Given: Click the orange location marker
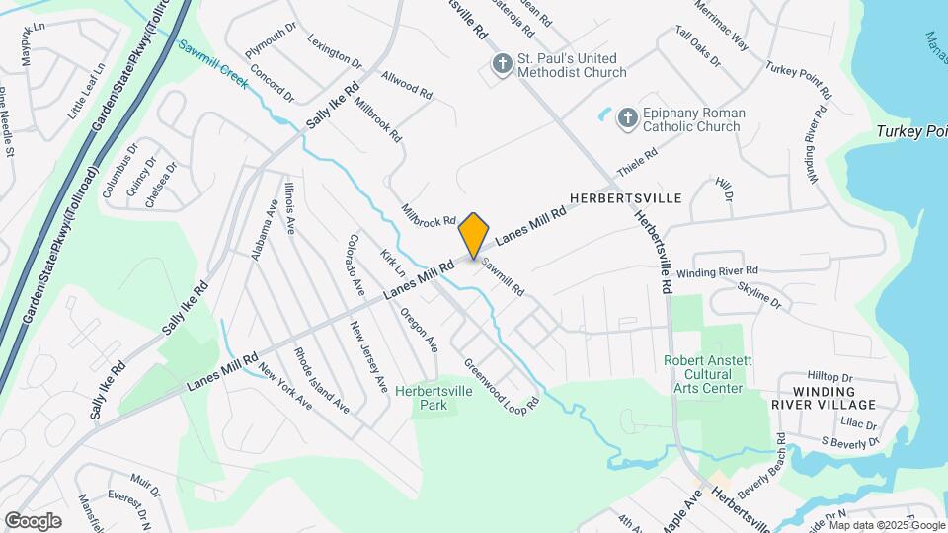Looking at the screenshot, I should point(474,235).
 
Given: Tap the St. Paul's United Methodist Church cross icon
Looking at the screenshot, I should point(502,65).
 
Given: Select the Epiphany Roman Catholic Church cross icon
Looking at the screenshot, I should point(627,119).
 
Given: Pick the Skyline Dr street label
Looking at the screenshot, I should point(760,296).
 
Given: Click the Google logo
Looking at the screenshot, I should point(33,521).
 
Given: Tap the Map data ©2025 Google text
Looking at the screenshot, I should point(887,525).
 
